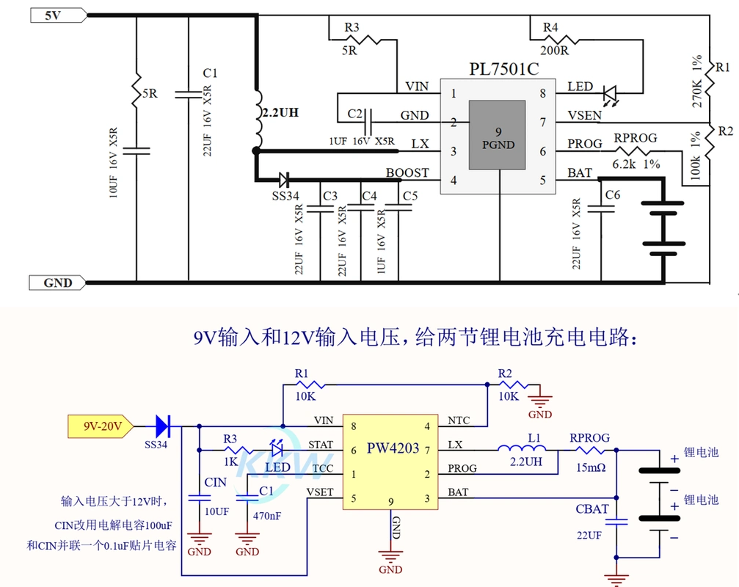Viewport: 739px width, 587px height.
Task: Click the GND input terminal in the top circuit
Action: click(57, 282)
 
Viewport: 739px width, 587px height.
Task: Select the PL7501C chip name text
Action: click(503, 69)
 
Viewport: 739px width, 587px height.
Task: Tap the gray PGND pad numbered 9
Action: click(498, 136)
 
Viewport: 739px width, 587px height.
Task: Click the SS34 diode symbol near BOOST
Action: click(284, 178)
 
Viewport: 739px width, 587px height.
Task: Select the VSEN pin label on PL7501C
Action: click(584, 115)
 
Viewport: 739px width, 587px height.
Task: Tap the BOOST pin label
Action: click(407, 173)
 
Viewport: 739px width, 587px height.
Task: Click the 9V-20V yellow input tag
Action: click(99, 425)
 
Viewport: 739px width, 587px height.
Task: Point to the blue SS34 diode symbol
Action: click(162, 424)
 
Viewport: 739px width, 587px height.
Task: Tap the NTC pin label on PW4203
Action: click(459, 420)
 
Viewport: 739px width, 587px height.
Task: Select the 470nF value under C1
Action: click(267, 516)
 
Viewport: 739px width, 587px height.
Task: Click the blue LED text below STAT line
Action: click(277, 467)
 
